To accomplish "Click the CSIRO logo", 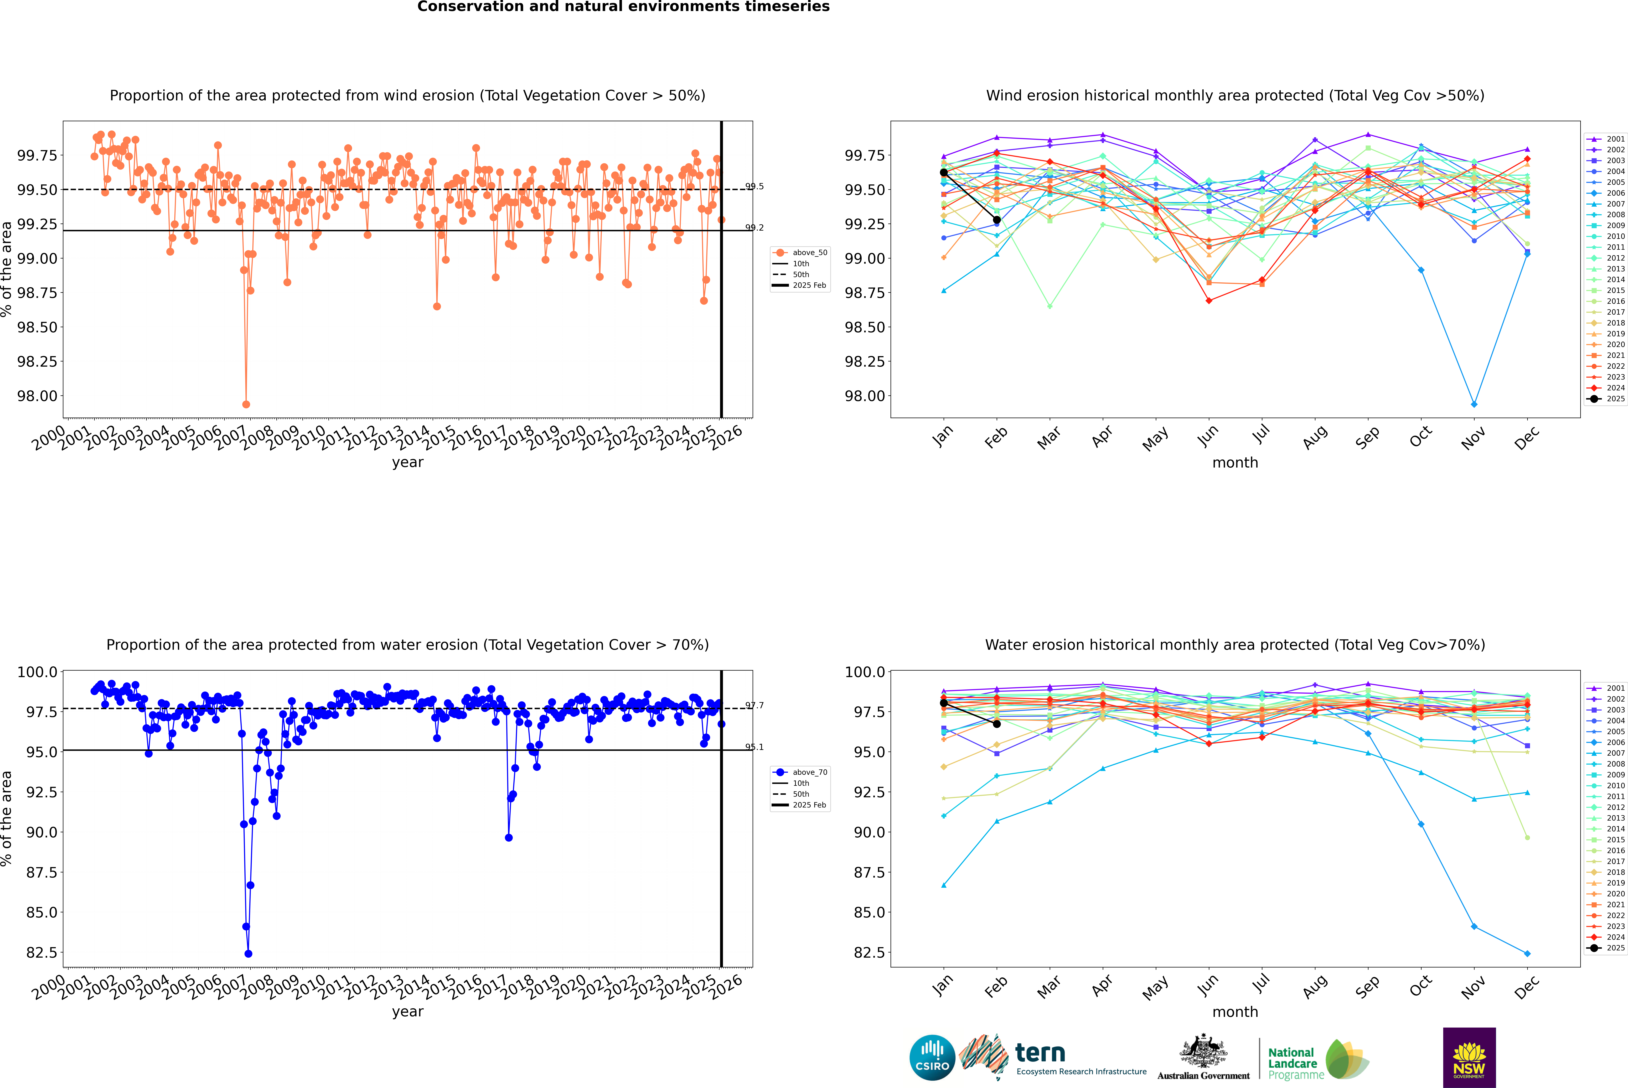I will (932, 1058).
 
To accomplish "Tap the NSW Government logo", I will (1469, 1058).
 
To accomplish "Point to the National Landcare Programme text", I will (1292, 1063).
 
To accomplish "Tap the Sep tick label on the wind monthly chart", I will (1367, 437).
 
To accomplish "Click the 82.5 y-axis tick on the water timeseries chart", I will (42, 953).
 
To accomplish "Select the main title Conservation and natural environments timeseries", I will (623, 7).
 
